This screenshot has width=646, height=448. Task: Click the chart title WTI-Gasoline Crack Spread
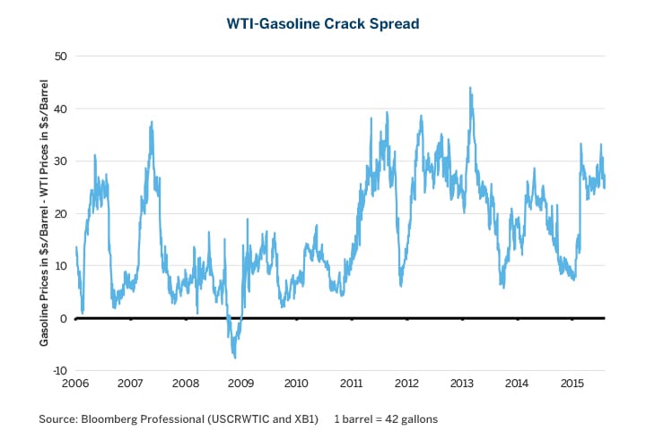tap(323, 23)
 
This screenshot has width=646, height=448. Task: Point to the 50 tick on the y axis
tap(61, 56)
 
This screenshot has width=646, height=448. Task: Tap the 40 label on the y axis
tap(61, 108)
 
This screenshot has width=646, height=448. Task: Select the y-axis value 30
tap(61, 161)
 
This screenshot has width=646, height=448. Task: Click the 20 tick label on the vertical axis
tap(61, 213)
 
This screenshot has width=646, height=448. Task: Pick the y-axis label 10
tap(61, 266)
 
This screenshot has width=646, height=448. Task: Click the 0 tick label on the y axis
tap(65, 318)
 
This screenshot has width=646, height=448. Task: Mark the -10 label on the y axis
tap(59, 371)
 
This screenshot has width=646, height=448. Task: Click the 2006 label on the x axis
tap(75, 383)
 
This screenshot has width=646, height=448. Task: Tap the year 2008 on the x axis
tap(186, 383)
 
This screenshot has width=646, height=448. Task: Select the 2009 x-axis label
tap(241, 383)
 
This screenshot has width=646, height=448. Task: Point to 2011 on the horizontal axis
tap(352, 383)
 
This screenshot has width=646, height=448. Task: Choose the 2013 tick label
tap(462, 383)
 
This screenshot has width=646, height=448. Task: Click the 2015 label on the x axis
tap(572, 383)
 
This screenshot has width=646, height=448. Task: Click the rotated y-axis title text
tap(44, 213)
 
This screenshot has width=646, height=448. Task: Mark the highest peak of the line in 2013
tap(470, 88)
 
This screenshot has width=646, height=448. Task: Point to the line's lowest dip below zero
tap(235, 358)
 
